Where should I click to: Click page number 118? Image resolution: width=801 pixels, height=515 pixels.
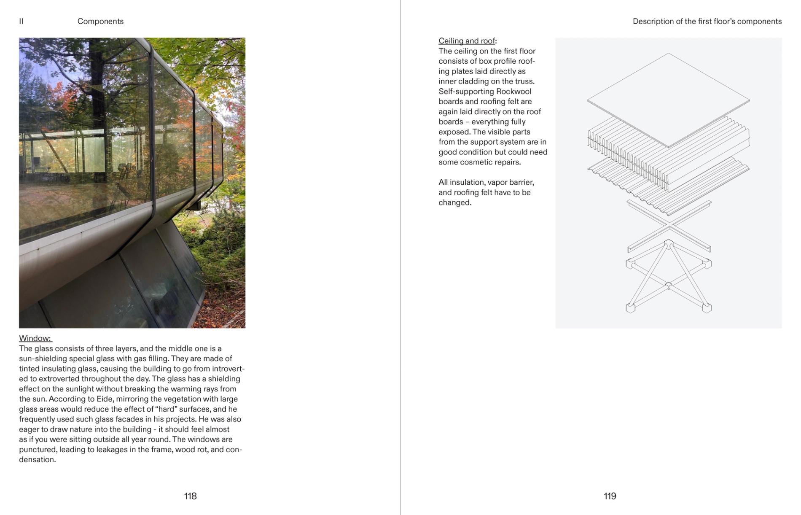190,496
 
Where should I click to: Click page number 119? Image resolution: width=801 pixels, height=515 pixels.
610,496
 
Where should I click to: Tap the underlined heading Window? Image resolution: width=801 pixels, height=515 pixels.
35,338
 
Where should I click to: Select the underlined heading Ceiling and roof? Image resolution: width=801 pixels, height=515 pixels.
466,41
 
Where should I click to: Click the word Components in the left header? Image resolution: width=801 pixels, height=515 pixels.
100,22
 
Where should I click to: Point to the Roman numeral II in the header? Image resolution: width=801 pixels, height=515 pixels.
21,22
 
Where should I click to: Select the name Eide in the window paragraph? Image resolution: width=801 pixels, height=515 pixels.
103,399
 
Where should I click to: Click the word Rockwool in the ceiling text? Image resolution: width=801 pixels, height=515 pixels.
513,92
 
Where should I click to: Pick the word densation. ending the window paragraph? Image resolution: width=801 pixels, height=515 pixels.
38,460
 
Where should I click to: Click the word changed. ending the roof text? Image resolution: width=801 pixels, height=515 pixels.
455,202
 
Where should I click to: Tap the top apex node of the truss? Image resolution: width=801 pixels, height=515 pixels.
669,243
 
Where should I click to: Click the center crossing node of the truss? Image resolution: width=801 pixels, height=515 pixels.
669,286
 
